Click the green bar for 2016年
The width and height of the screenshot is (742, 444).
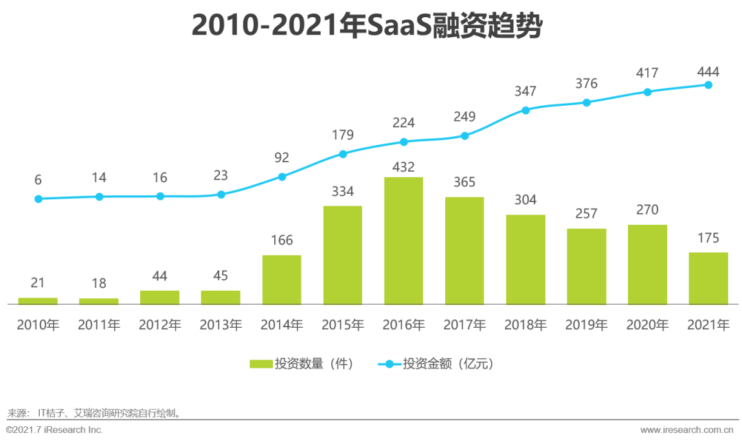point(403,241)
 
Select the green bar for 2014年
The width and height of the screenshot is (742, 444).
point(282,279)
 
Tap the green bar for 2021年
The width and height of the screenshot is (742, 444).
point(708,278)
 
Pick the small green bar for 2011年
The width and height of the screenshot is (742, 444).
point(99,301)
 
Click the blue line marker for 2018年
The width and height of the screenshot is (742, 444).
point(526,110)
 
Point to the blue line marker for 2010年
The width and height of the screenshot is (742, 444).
point(38,199)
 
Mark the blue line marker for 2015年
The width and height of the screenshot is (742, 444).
point(343,154)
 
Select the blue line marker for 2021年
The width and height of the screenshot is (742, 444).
point(708,85)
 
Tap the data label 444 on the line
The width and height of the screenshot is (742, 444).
point(708,71)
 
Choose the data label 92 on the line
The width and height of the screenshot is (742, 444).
point(282,157)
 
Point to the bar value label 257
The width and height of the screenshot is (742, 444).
point(587,214)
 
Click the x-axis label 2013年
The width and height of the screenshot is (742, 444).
point(221,325)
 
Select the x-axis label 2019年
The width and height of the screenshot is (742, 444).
point(587,325)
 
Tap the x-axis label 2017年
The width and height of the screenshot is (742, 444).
point(464,325)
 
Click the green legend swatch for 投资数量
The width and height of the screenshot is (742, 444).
point(260,364)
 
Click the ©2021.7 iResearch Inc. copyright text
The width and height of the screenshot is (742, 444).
point(54,430)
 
